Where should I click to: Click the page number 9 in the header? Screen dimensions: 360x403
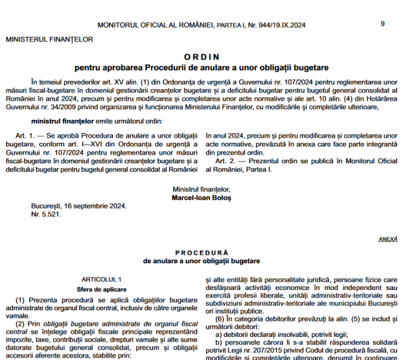[x=383, y=24]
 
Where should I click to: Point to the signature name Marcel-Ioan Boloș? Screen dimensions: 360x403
[x=201, y=197]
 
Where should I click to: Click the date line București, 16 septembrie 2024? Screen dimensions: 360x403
[x=78, y=206]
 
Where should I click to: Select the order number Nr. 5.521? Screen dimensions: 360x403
[x=46, y=214]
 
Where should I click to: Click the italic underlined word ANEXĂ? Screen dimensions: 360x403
[x=387, y=238]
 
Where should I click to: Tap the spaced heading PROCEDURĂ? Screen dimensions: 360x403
[x=201, y=253]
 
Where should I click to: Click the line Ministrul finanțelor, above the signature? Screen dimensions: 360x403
[x=201, y=189]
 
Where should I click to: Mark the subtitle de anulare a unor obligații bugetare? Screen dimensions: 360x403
[x=201, y=261]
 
